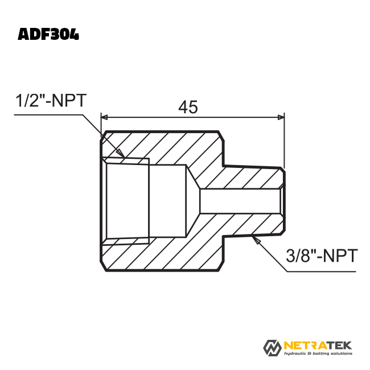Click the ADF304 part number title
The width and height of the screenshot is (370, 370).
point(48,35)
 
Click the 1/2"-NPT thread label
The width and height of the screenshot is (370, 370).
point(51,101)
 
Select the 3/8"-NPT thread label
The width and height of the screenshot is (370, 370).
point(322,256)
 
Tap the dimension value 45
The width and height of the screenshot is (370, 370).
point(188,107)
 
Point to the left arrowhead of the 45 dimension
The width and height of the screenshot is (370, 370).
point(104,117)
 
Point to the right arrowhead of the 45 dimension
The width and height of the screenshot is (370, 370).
point(281,117)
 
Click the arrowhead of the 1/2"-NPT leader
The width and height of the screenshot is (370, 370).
point(121,153)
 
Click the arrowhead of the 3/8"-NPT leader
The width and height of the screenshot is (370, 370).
point(256,240)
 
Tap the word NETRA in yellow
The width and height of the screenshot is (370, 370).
point(306,346)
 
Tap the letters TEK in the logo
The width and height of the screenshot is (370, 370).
point(340,346)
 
